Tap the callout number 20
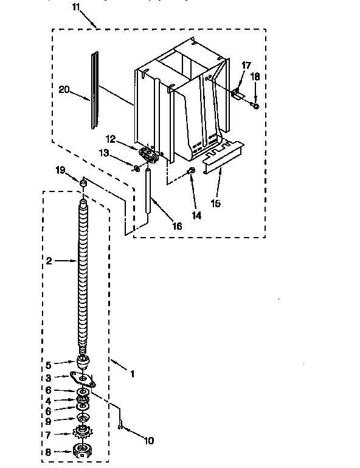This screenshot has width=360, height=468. pos(64,90)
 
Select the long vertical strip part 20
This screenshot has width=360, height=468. pos(93,91)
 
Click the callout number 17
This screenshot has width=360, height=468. pos(246,65)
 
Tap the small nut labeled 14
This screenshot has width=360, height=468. pos(192,170)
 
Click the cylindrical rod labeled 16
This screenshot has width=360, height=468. pos(147,192)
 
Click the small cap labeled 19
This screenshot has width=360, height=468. pos(82,182)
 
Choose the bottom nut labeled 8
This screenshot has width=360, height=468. pos(81,451)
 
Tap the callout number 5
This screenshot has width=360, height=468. pos(49,365)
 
